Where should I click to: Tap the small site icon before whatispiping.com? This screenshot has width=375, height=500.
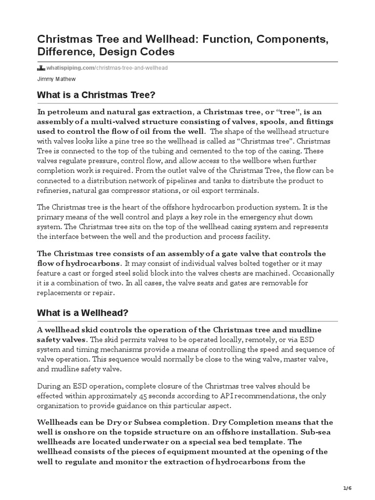coord(42,67)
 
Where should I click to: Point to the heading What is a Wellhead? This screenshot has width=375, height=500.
coord(82,312)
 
